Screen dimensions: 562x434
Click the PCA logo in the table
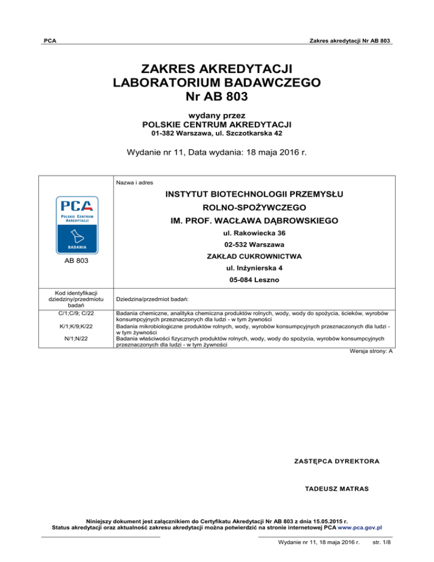tap(76, 224)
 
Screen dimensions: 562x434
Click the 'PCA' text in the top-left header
tap(50, 41)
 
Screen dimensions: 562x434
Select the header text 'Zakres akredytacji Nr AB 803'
tap(343, 41)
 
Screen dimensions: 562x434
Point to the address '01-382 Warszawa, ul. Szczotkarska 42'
tap(217, 133)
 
